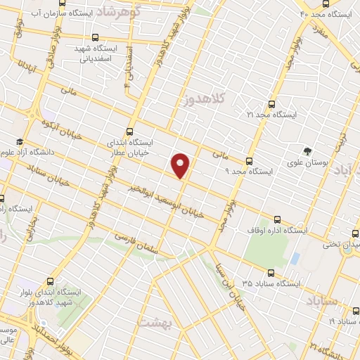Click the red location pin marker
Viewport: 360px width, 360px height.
pyautogui.click(x=181, y=165)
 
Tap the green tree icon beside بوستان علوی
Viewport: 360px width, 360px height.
pyautogui.click(x=307, y=150)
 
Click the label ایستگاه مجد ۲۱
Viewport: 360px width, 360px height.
pyautogui.click(x=273, y=114)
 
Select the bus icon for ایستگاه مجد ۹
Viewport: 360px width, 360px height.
pyautogui.click(x=250, y=160)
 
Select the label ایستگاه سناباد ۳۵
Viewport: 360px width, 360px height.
pyautogui.click(x=271, y=283)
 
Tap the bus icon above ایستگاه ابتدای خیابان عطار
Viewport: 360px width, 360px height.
pyautogui.click(x=129, y=131)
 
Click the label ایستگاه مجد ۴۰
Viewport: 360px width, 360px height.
pyautogui.click(x=329, y=13)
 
